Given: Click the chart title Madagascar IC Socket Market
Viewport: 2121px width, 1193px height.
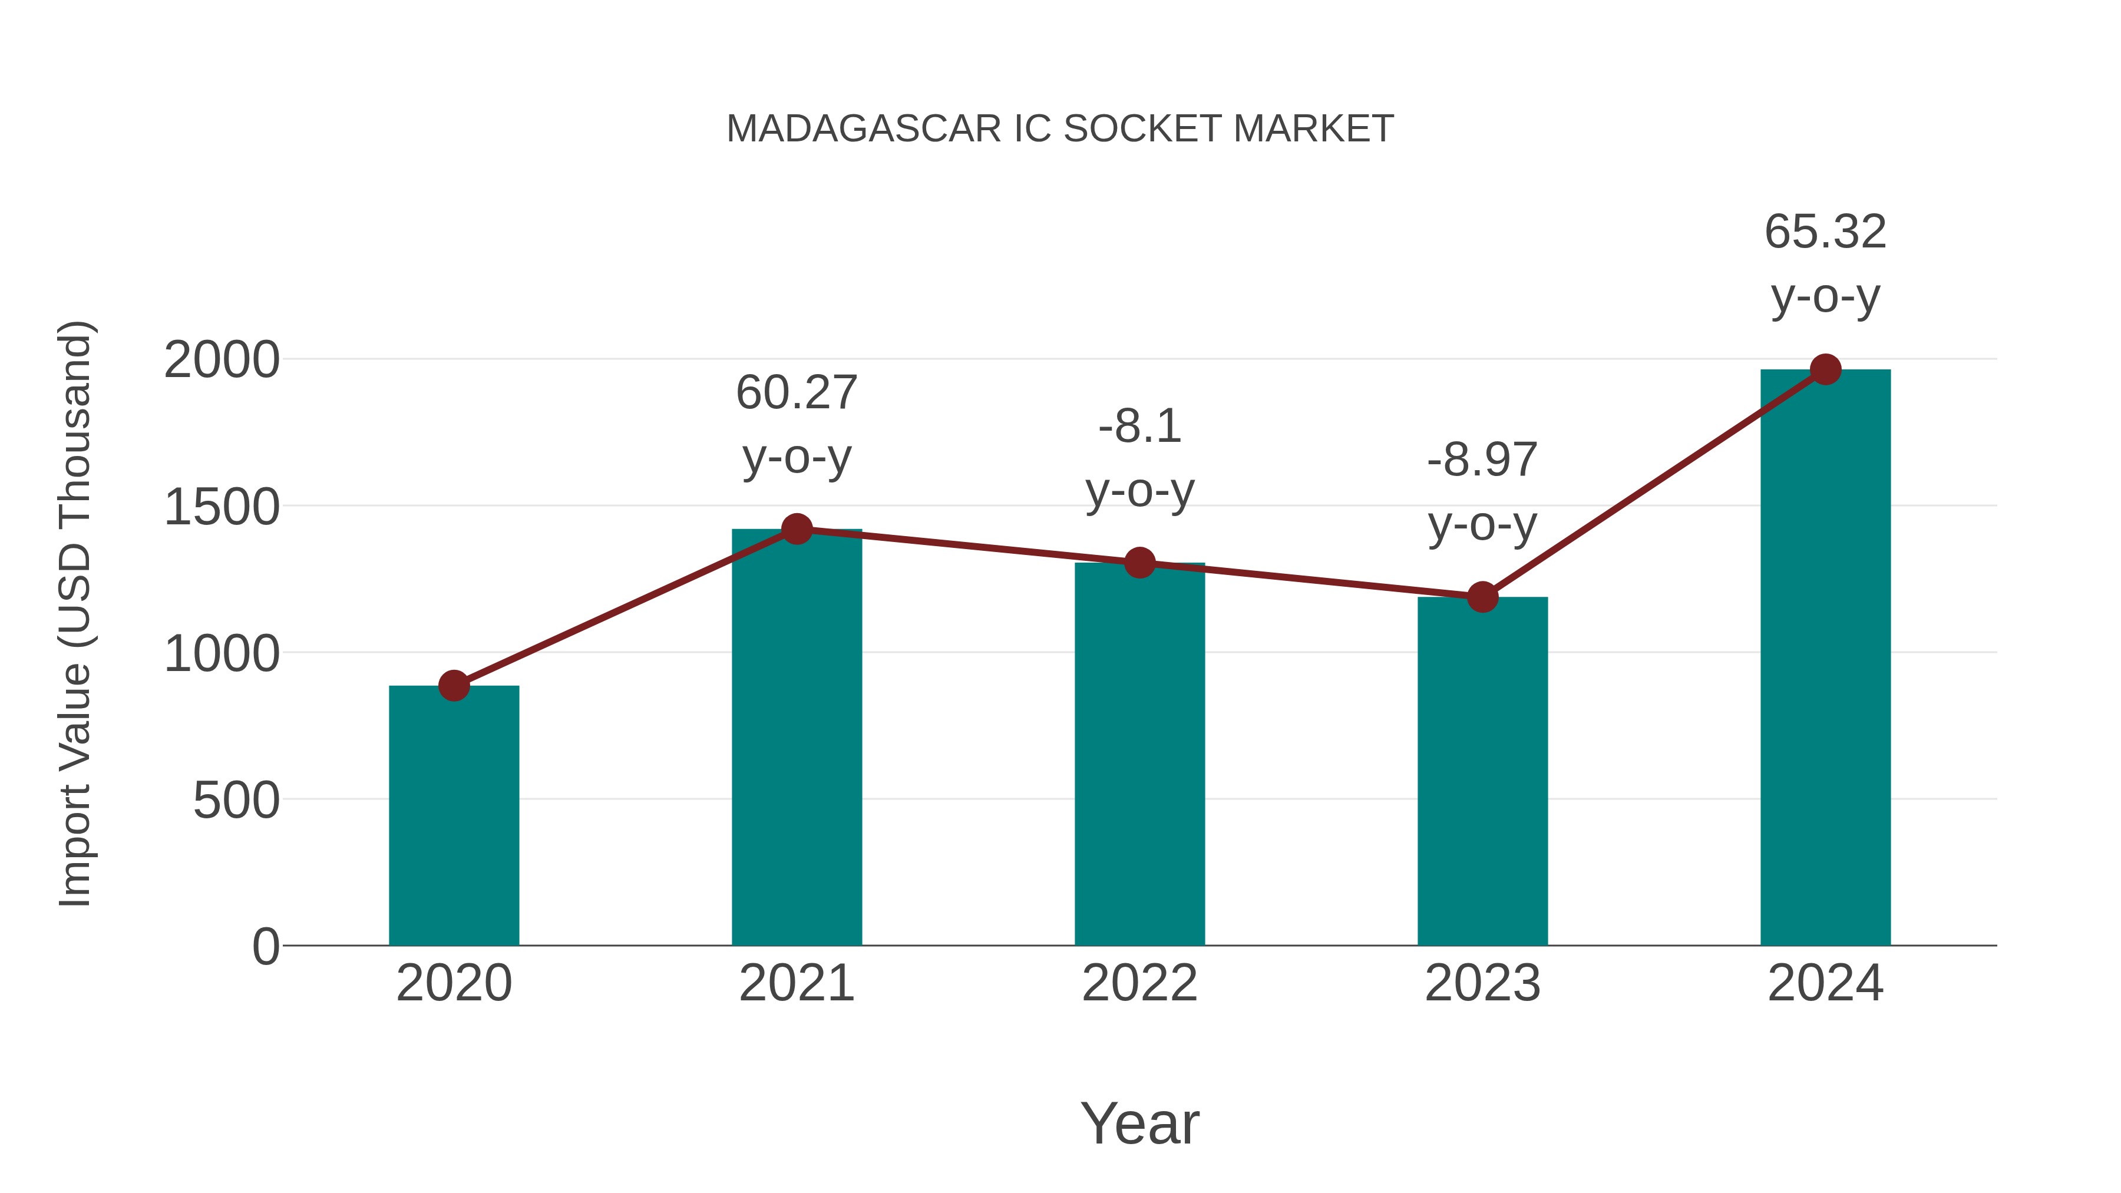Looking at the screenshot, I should tap(1060, 129).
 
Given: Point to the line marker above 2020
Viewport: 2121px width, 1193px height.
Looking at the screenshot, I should tap(454, 685).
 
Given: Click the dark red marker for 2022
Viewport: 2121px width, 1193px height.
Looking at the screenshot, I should tap(1139, 563).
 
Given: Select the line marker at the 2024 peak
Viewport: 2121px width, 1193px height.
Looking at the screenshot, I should tap(1825, 369).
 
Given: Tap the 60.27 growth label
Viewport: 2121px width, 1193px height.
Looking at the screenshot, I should tap(796, 393).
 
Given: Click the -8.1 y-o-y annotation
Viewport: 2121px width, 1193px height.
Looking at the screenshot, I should tap(1139, 427).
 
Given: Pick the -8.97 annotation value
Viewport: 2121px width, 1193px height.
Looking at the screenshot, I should tap(1482, 460).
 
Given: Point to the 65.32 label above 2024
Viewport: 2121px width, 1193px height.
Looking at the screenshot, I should tap(1825, 232).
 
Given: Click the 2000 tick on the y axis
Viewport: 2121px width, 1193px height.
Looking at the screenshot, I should tap(222, 361).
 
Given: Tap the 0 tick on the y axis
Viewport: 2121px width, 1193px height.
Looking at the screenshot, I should tap(265, 947).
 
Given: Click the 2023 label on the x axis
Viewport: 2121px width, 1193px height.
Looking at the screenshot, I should tap(1482, 983).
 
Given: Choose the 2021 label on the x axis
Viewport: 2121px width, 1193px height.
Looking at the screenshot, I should tap(796, 983).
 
